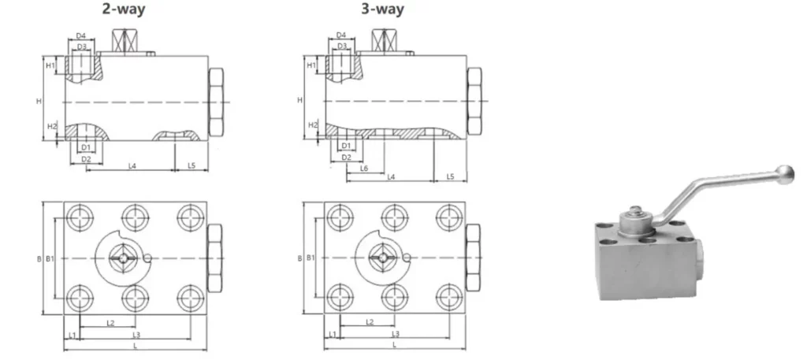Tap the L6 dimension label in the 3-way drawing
pyautogui.click(x=364, y=169)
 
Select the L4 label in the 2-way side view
pyautogui.click(x=132, y=165)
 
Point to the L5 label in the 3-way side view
pyautogui.click(x=450, y=176)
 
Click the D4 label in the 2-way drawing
pyautogui.click(x=81, y=35)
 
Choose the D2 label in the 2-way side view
pyautogui.click(x=87, y=159)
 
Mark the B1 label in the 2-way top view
pyautogui.click(x=49, y=258)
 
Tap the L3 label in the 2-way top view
pyautogui.click(x=136, y=335)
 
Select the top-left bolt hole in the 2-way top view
pyautogui.click(x=79, y=217)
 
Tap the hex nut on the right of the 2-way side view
pyautogui.click(x=215, y=102)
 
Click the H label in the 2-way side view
pyautogui.click(x=39, y=101)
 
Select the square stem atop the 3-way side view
pyautogui.click(x=385, y=41)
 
